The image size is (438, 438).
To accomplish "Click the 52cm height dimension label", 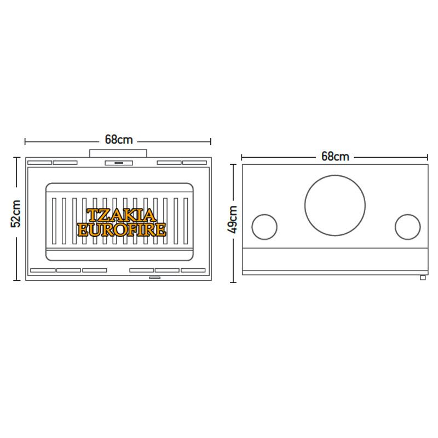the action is click(x=16, y=214).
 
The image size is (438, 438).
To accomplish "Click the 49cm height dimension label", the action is click(x=232, y=220).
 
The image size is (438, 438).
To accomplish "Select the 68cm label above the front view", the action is click(x=119, y=140).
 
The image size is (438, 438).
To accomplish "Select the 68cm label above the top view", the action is click(x=335, y=157).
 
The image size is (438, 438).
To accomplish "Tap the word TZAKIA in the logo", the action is click(x=121, y=215).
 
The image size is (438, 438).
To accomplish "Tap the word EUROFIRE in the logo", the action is click(x=122, y=229).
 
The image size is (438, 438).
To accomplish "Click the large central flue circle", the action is click(x=335, y=176).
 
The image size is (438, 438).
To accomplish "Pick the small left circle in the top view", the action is click(x=264, y=215).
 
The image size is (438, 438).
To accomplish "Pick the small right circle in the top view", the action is click(x=407, y=215).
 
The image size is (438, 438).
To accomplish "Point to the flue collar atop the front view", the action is click(x=118, y=153).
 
